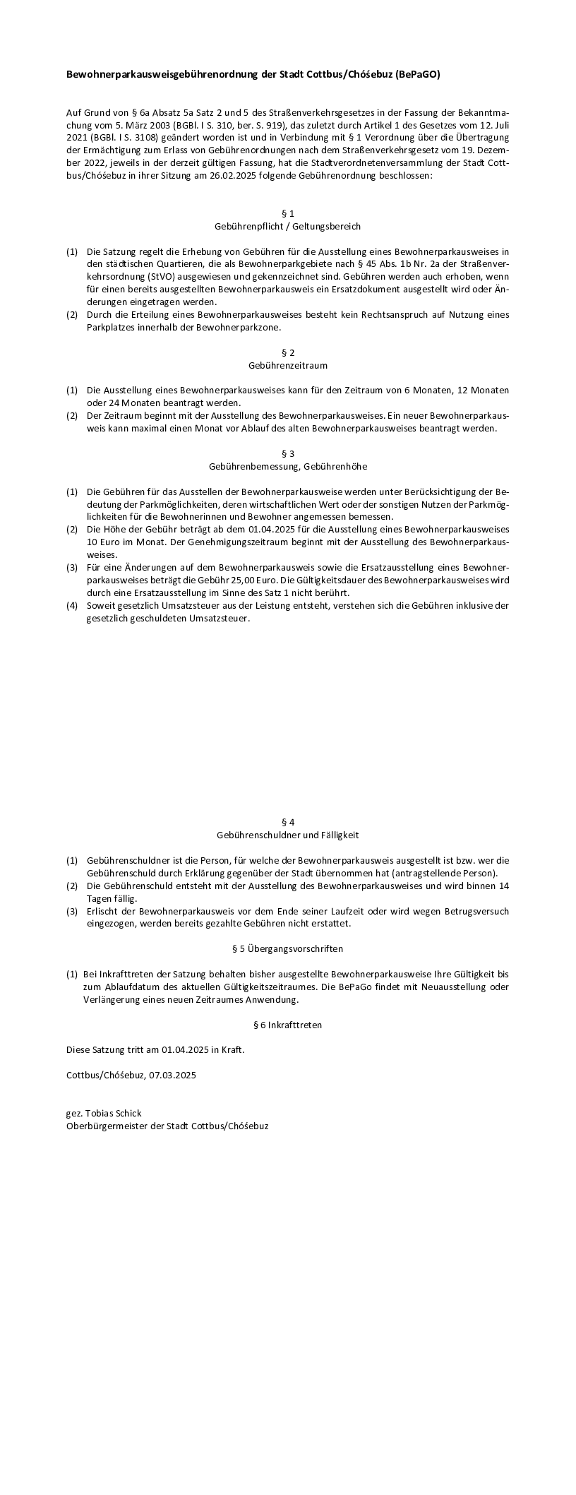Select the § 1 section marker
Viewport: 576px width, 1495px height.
click(x=287, y=213)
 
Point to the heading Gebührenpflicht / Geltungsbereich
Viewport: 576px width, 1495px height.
click(x=287, y=227)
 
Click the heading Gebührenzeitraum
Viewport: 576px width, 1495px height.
click(x=287, y=366)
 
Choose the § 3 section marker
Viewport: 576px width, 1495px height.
click(x=287, y=453)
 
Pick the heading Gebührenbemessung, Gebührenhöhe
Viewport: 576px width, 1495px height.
click(x=287, y=467)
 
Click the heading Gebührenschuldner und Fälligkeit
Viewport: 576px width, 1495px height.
click(x=287, y=835)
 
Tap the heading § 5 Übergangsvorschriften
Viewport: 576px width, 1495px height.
click(x=287, y=948)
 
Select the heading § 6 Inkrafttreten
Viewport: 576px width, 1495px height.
click(x=287, y=1025)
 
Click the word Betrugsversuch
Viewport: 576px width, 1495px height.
click(x=475, y=911)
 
